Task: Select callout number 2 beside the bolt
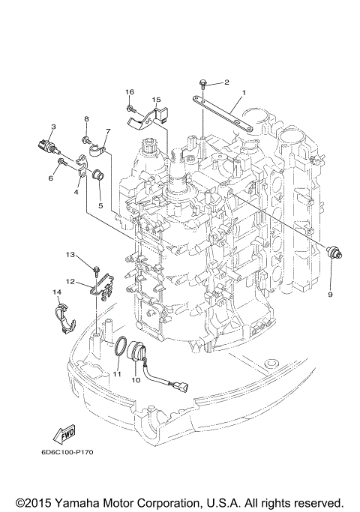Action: (226, 82)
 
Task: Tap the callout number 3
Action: (53, 127)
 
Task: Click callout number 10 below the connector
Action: (136, 380)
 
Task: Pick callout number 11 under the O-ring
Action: (116, 373)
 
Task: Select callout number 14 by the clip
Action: (56, 292)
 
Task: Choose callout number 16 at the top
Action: (130, 92)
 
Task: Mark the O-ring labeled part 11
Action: (118, 346)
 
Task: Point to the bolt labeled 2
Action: (203, 80)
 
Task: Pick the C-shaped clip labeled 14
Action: (64, 315)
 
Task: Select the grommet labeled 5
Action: (97, 176)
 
